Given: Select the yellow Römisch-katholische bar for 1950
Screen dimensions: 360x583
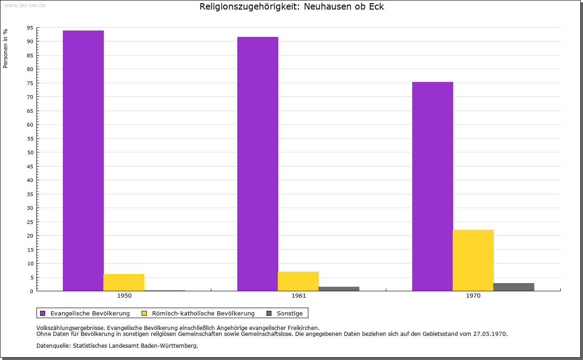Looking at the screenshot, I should coord(124,282).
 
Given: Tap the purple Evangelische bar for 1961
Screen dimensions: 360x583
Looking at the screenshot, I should coord(257,164).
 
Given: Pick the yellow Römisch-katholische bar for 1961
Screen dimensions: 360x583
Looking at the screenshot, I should coord(298,281).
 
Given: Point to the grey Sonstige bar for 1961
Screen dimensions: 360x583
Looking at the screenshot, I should coord(339,289).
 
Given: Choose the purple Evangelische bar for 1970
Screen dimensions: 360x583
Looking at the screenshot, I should coord(432,186).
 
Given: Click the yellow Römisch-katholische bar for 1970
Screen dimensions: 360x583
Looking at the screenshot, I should coord(473,260).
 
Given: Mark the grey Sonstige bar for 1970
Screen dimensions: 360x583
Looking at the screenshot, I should coord(513,287).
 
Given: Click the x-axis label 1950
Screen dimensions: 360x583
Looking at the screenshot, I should coord(124,296).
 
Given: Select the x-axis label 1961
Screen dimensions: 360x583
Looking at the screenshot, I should coord(299,296).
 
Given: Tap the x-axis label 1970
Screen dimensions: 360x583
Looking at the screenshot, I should coord(473,296).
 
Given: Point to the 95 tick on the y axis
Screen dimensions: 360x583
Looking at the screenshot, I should coord(30,28).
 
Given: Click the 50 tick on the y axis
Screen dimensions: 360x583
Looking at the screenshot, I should coord(30,152).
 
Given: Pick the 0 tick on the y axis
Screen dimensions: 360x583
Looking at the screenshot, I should coord(32,291).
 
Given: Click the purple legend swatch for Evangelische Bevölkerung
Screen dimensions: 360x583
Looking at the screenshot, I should coord(43,313).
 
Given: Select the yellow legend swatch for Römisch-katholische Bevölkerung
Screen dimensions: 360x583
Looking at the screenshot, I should coord(144,313).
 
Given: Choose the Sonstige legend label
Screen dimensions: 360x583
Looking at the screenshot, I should coord(290,313).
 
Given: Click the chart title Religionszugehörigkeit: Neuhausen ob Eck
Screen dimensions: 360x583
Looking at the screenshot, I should coord(291,7).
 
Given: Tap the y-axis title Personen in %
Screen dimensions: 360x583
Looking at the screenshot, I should coord(5,48).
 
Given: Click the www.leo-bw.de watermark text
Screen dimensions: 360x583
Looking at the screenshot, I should coord(25,5).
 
